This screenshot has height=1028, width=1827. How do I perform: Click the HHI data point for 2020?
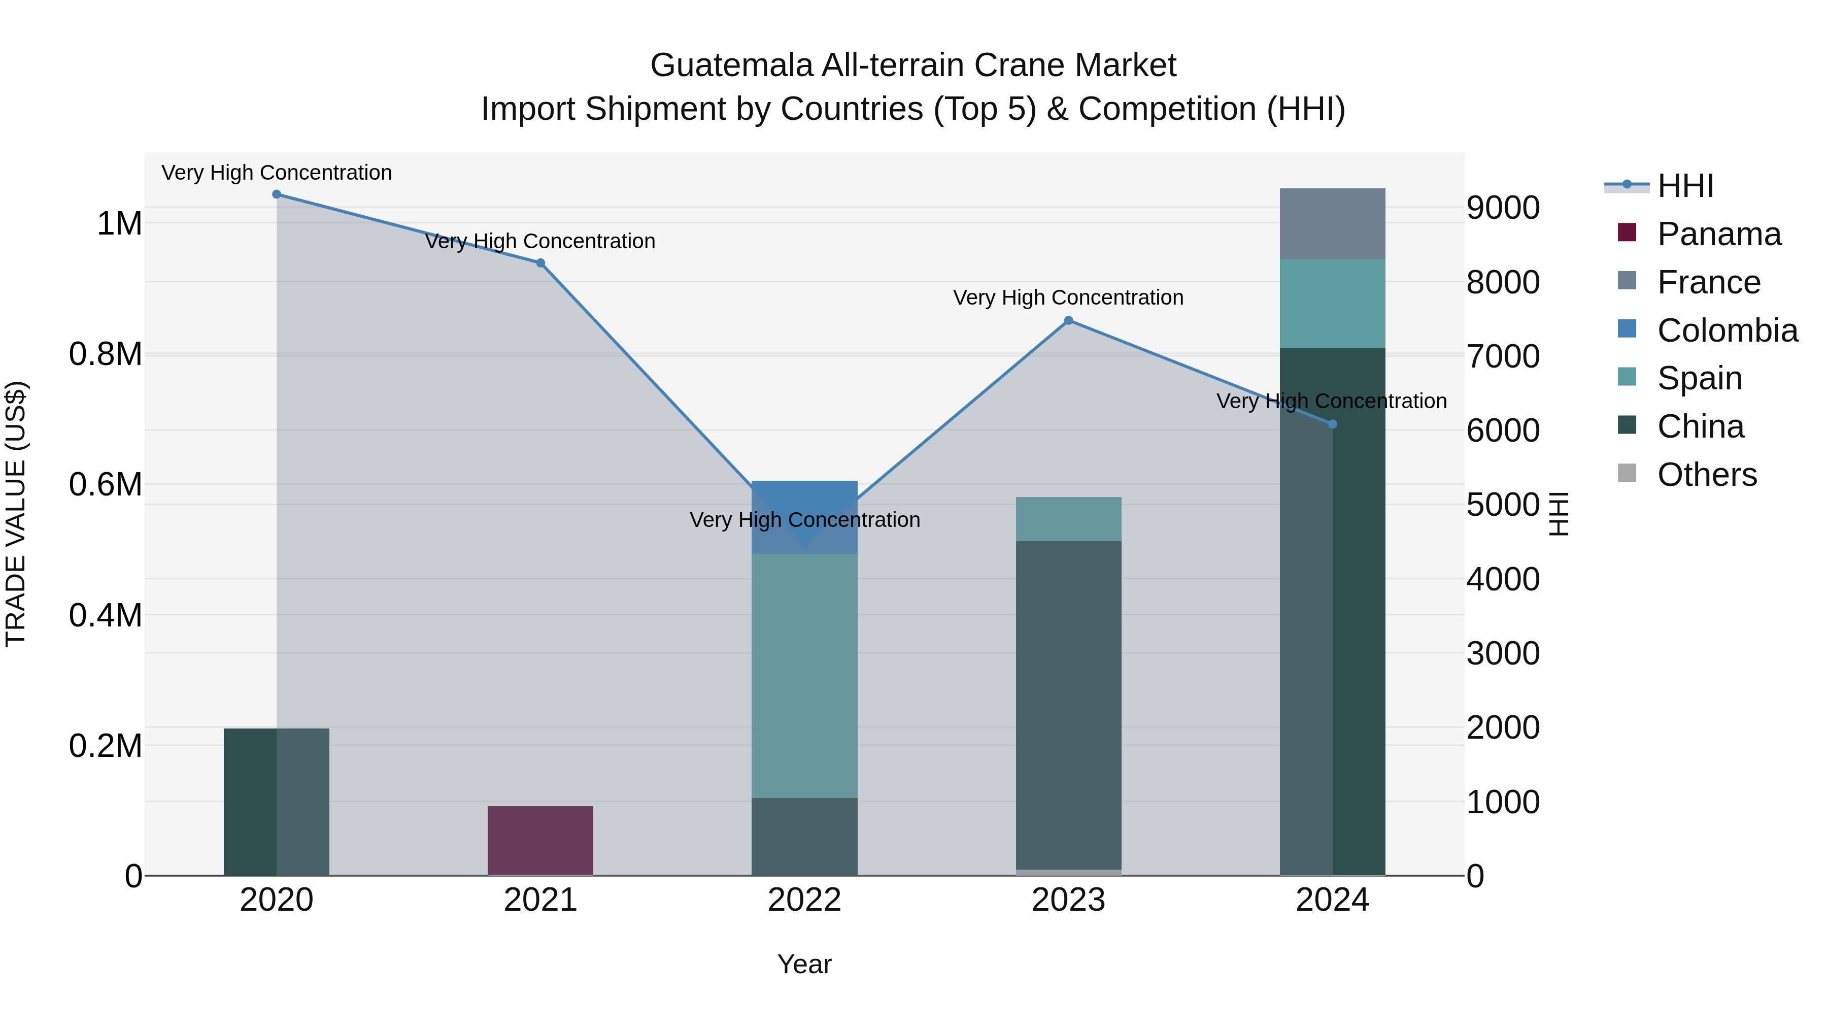coord(277,194)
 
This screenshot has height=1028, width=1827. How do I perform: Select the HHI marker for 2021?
coord(540,263)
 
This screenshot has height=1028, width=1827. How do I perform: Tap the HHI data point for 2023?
coord(1069,321)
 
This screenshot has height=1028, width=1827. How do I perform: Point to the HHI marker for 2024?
coord(1333,424)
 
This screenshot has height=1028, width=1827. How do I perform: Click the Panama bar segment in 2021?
coord(540,841)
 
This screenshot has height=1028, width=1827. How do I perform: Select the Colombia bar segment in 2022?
coord(804,517)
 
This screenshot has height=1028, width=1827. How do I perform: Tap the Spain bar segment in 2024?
coord(1333,304)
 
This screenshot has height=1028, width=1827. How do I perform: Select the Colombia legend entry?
coord(1728,330)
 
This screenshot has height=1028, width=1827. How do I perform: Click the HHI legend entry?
coord(1685,186)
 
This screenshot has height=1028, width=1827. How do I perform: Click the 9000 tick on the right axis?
coord(1503,208)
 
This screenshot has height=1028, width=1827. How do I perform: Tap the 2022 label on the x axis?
coord(804,900)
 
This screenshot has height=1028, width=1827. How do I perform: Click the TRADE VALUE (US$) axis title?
coord(16,514)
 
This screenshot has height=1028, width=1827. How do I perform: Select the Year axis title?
coord(804,964)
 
